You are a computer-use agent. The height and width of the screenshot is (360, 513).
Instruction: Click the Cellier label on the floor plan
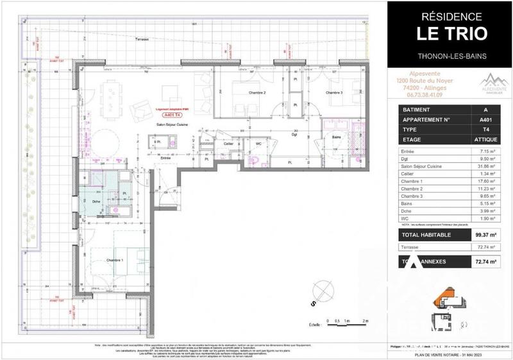pos(228,144)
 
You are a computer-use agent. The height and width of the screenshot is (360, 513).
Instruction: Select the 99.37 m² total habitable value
pos(485,234)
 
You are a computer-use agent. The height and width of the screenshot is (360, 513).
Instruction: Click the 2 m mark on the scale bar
pos(365,320)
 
